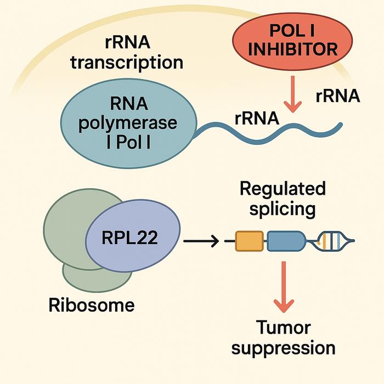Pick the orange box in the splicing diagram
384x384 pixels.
(x=250, y=241)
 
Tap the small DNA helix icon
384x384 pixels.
(x=335, y=240)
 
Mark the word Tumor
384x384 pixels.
(x=284, y=327)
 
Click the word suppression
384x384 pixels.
(x=284, y=347)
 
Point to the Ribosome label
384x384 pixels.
(x=91, y=304)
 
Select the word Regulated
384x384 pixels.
(x=283, y=189)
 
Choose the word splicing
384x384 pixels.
(x=283, y=209)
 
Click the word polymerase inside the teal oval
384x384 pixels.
(x=127, y=123)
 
